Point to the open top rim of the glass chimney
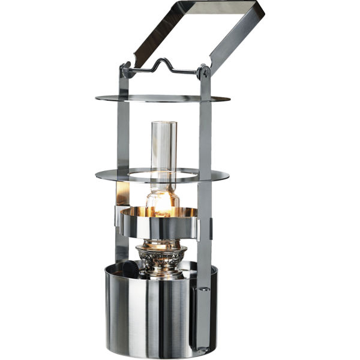click(x=163, y=123)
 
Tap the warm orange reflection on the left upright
click(x=123, y=193)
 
